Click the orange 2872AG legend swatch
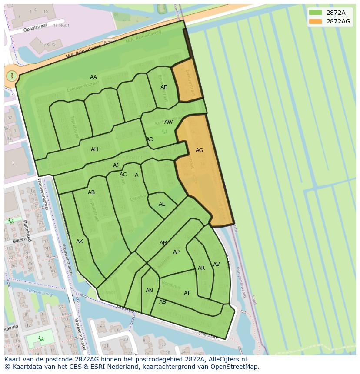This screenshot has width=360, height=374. tap(316, 21)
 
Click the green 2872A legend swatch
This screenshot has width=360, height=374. tap(316, 12)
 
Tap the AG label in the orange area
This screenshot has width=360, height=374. tap(199, 150)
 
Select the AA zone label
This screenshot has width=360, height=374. tap(93, 77)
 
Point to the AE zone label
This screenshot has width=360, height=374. tap(163, 87)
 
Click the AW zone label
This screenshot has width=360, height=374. tap(168, 122)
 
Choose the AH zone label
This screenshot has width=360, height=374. tap(94, 149)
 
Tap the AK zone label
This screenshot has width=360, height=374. tap(80, 242)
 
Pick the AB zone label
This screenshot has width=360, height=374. tap(91, 192)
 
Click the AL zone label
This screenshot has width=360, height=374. tap(162, 204)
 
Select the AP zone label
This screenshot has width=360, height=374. tap(176, 252)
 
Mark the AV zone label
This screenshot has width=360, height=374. tap(216, 265)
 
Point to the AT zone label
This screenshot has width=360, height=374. tap(187, 293)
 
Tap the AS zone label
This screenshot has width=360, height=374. tap(163, 302)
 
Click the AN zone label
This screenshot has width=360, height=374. tap(149, 291)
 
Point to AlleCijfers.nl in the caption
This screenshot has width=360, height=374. tap(228, 359)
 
